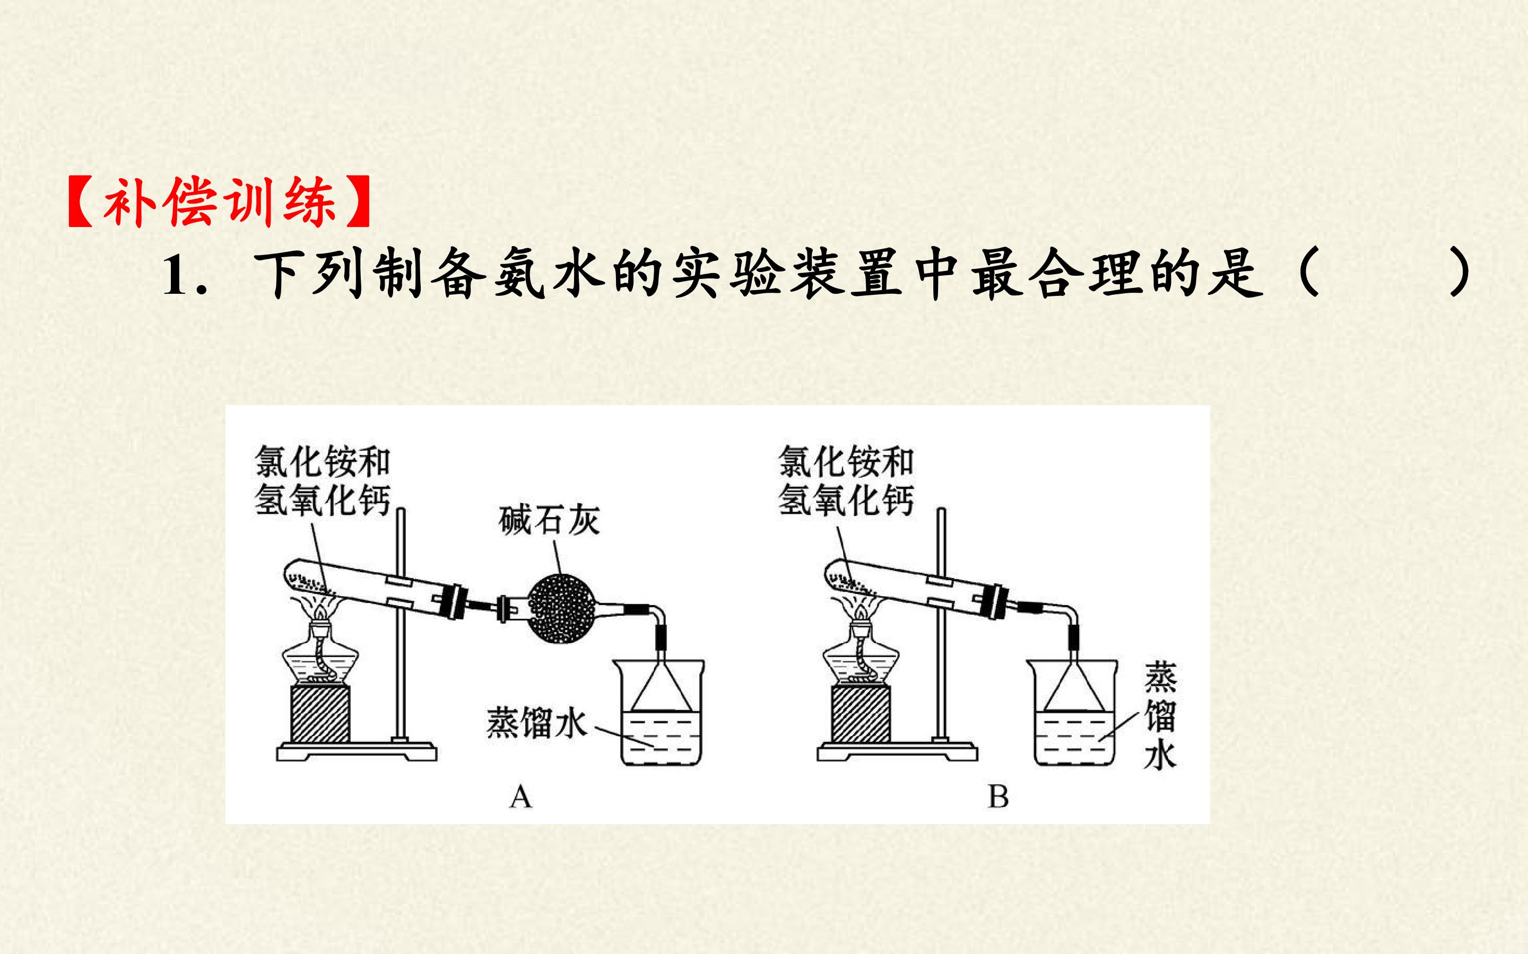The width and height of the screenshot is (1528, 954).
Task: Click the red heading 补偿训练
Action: (x=220, y=202)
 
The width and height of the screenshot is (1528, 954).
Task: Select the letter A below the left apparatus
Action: (x=520, y=797)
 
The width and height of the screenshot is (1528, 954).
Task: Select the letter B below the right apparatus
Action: (x=998, y=797)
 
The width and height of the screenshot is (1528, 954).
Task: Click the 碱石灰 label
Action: (x=549, y=521)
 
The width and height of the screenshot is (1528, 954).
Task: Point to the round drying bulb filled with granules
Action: (x=560, y=608)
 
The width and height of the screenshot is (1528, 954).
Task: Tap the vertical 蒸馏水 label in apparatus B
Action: (x=1160, y=715)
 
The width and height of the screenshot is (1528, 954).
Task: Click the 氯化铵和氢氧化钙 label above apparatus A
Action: (x=323, y=480)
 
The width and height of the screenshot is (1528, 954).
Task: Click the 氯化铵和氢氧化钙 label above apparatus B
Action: (x=846, y=480)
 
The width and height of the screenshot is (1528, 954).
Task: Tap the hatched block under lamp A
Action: (x=320, y=715)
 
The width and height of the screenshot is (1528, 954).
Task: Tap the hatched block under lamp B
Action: (x=861, y=715)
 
